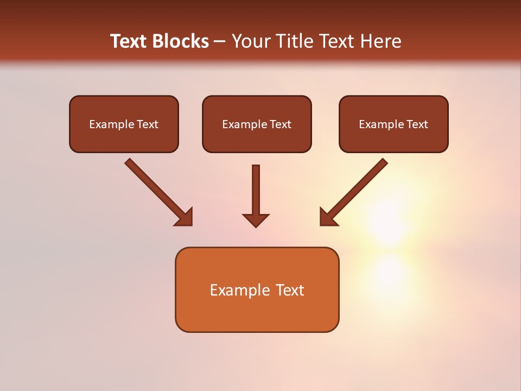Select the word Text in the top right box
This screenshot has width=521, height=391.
[x=417, y=124]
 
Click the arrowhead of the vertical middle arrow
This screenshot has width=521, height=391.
[x=256, y=220]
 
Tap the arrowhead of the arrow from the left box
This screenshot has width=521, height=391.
[x=185, y=217]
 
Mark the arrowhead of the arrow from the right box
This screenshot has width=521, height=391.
[x=328, y=217]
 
